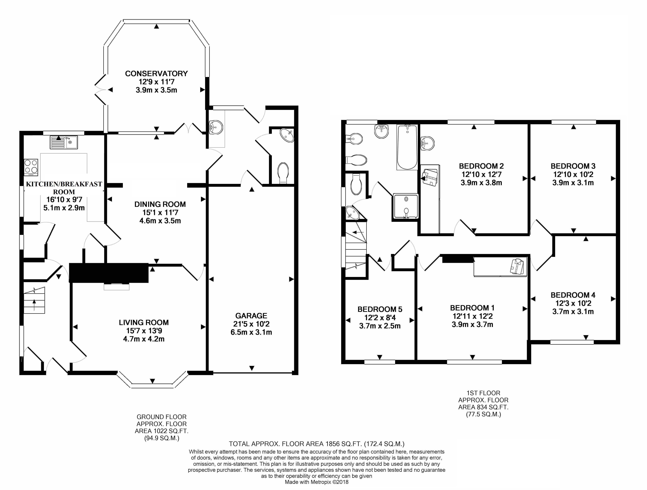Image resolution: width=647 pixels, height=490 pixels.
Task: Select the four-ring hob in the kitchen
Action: coord(31,167)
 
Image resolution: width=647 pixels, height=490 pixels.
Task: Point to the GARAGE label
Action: coord(251,316)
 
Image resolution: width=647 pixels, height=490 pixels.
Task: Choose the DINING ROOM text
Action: coord(160,204)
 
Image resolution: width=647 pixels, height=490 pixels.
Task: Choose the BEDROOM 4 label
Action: coord(573,295)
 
